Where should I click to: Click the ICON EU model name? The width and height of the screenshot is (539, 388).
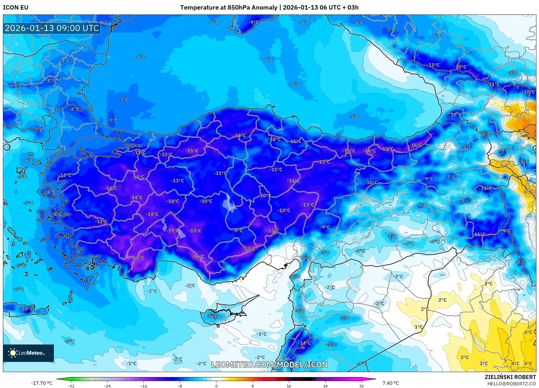tap(16, 8)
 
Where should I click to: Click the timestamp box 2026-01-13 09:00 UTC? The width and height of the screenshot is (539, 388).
tap(52, 28)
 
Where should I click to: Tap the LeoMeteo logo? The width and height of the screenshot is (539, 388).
tap(28, 353)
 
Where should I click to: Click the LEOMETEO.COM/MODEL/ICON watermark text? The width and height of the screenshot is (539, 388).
tap(269, 365)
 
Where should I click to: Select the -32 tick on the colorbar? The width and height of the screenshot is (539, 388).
tap(71, 386)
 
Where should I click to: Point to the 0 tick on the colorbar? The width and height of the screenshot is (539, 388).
tap(216, 386)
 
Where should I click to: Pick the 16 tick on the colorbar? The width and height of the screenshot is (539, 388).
tap(289, 386)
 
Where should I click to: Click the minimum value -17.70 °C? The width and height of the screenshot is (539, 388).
tap(42, 383)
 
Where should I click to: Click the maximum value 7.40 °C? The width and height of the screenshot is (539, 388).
tap(390, 383)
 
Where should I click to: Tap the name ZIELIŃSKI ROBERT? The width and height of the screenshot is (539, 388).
tap(510, 377)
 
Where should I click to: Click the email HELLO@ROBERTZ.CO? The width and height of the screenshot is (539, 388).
tap(511, 384)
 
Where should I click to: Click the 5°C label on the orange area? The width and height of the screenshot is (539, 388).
tap(504, 166)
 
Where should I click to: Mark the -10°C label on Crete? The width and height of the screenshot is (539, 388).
tap(27, 309)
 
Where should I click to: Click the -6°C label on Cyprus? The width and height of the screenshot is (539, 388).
tap(213, 316)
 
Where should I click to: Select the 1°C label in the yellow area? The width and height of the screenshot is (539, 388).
tap(418, 327)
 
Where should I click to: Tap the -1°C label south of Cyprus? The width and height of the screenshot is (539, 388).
tap(261, 334)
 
